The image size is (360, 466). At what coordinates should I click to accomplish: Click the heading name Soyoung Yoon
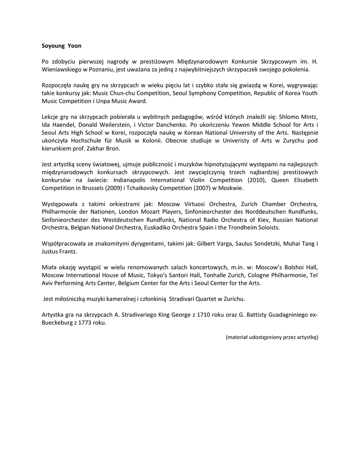tap(61, 46)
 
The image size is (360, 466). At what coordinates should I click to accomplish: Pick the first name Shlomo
tap(287, 117)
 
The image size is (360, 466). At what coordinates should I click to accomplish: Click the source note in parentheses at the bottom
tap(272, 337)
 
